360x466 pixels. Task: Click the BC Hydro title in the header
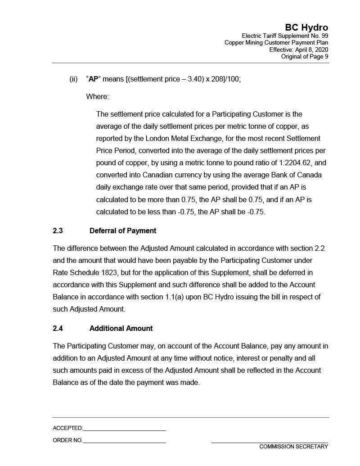306,27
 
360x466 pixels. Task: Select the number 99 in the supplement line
324,36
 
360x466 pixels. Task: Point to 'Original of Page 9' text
305,56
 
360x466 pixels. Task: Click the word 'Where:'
97,96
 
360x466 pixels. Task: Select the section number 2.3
58,231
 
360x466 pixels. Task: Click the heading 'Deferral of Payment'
123,231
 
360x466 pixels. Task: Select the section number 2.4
58,328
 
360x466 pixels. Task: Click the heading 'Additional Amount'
121,328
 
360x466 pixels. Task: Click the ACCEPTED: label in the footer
67,428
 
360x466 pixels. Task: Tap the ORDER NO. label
67,440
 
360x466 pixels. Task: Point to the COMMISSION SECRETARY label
293,447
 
